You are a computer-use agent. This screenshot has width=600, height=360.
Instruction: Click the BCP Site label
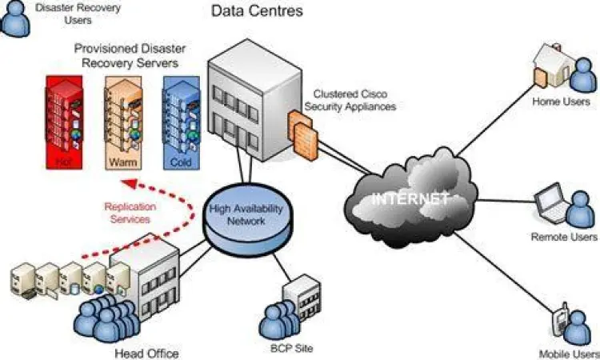pos(291,348)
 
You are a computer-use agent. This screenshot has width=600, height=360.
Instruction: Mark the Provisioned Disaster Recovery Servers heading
pos(126,55)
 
